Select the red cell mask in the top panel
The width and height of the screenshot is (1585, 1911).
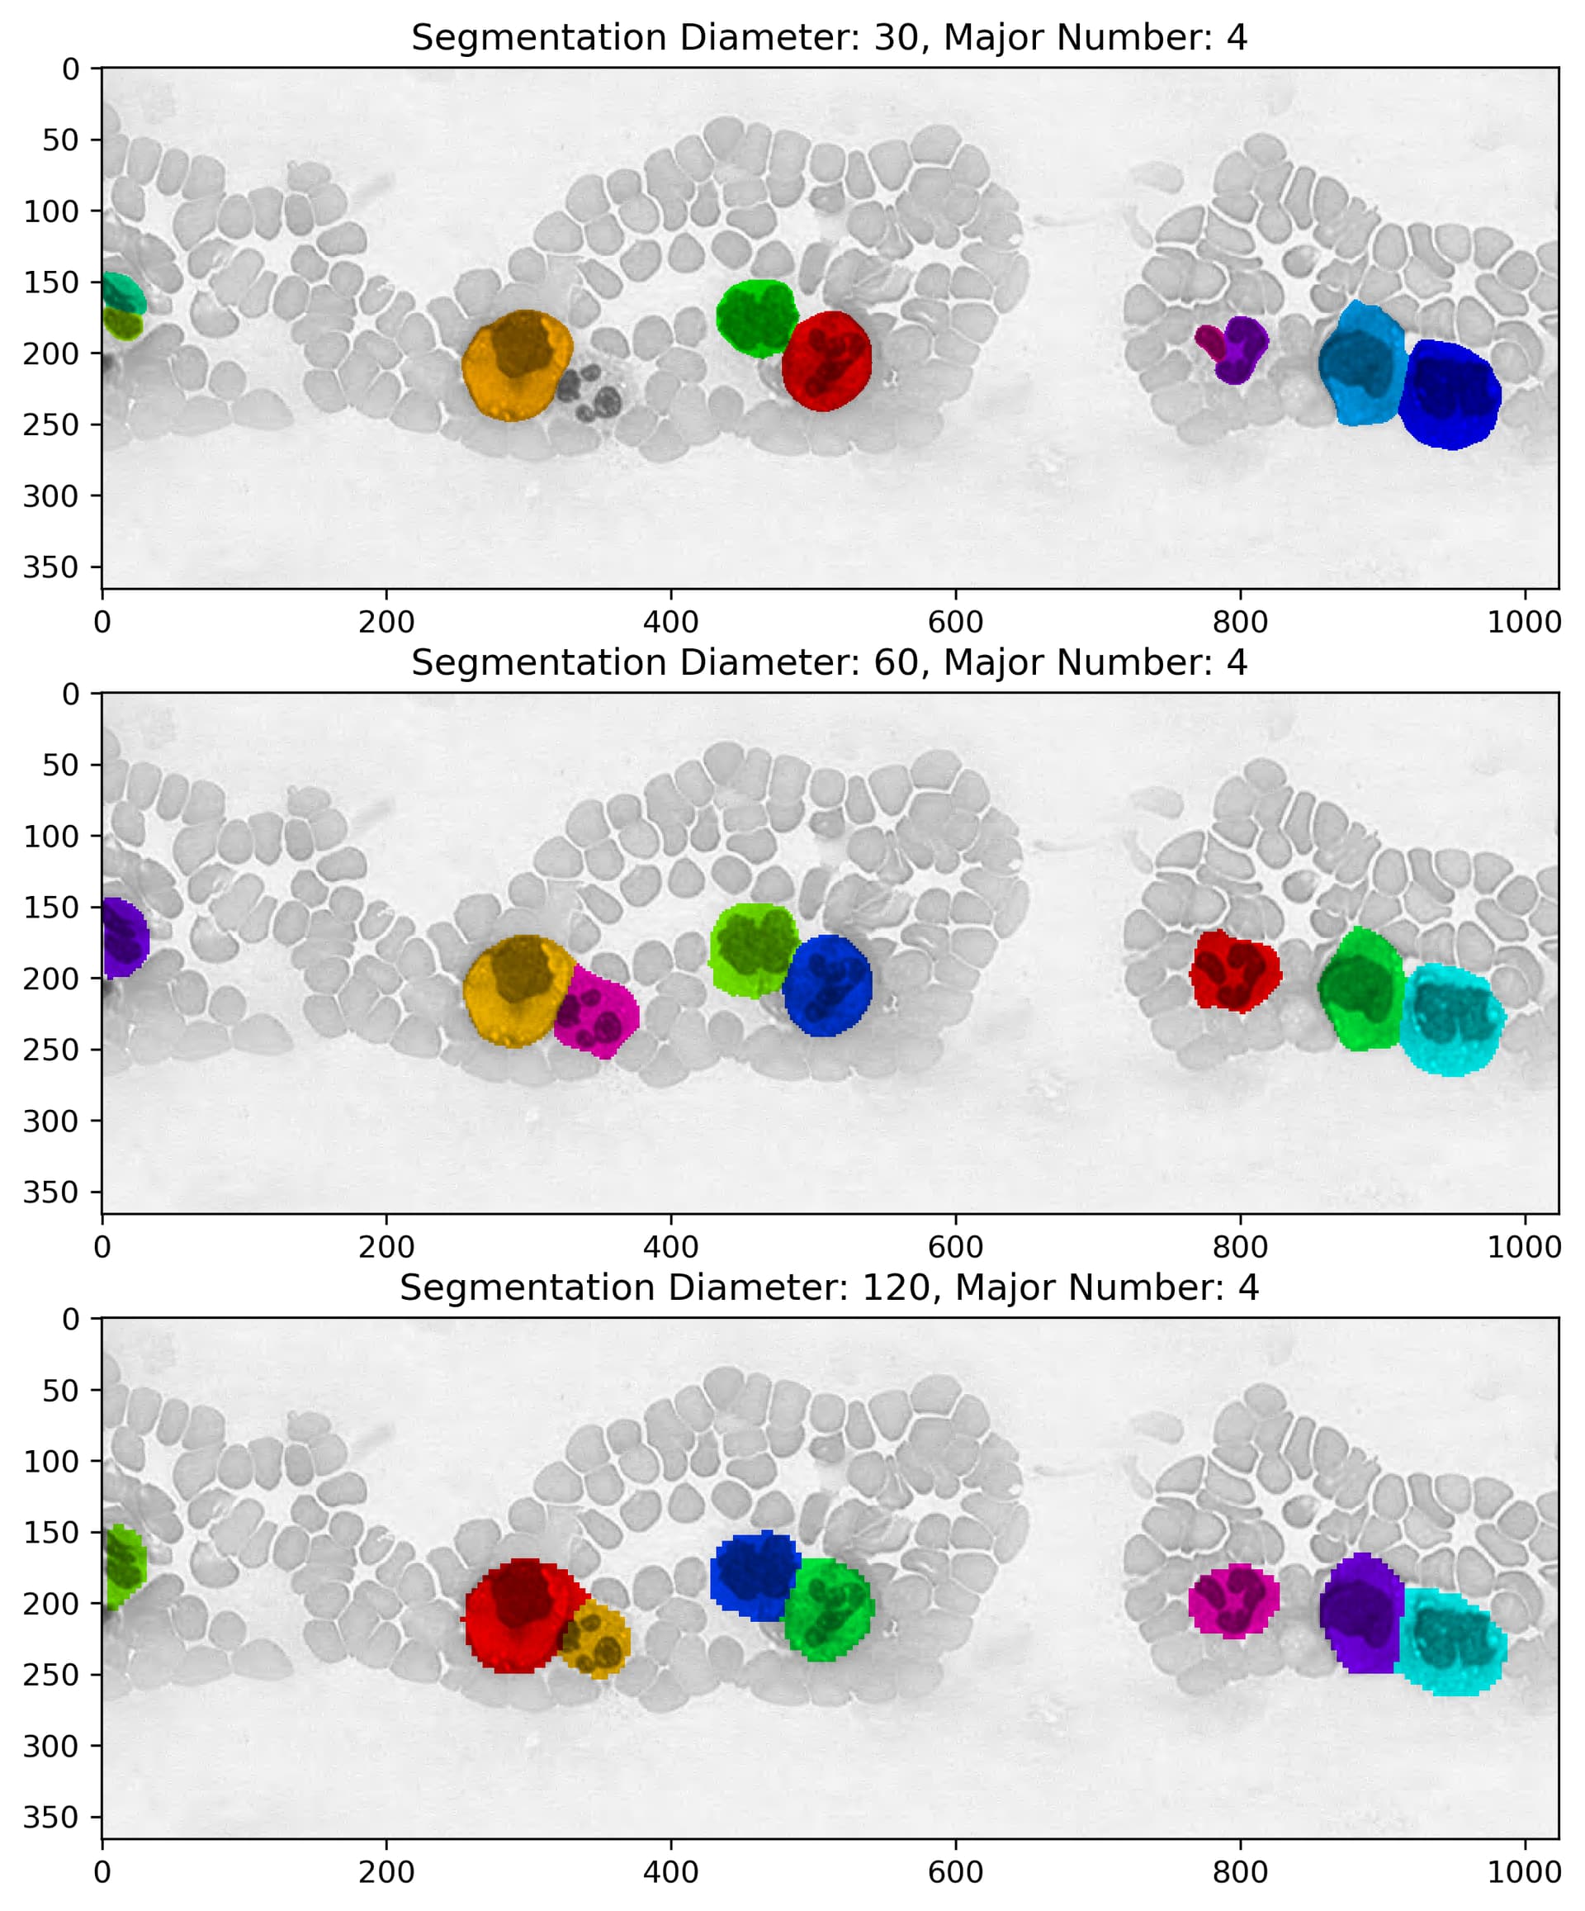click(x=826, y=361)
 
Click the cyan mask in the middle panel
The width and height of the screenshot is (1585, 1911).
click(x=1450, y=1019)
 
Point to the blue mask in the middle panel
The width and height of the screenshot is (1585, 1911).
click(x=826, y=986)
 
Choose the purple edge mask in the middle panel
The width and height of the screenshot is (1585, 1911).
click(x=122, y=937)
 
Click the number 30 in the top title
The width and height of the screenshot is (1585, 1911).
click(x=897, y=38)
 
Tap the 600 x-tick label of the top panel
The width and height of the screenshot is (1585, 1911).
click(x=955, y=624)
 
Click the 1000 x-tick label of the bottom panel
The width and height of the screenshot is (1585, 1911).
click(x=1524, y=1873)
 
